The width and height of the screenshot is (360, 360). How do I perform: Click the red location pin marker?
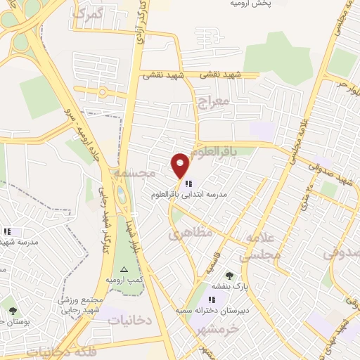coord(181,165)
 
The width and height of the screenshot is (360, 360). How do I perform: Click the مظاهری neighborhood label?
coord(186,234)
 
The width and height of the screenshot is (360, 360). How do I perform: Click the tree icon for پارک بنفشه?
coord(229,275)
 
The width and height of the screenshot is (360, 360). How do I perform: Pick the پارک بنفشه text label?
coord(229,285)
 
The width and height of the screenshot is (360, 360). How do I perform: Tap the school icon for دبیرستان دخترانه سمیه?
coord(212,300)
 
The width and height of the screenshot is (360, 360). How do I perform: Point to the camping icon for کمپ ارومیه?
coord(124,270)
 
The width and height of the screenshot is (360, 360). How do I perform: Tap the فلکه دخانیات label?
coord(63,350)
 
